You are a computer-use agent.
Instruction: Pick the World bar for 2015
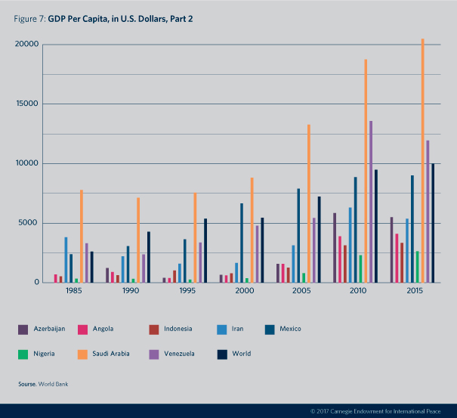[x=433, y=223]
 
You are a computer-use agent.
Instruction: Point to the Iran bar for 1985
[x=66, y=260]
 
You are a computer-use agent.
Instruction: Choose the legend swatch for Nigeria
[x=23, y=353]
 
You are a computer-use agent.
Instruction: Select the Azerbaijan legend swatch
[x=23, y=329]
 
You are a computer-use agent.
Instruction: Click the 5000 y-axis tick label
[x=28, y=223]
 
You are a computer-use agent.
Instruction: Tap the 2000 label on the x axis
[x=244, y=290]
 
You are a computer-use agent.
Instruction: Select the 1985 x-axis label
[x=74, y=290]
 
